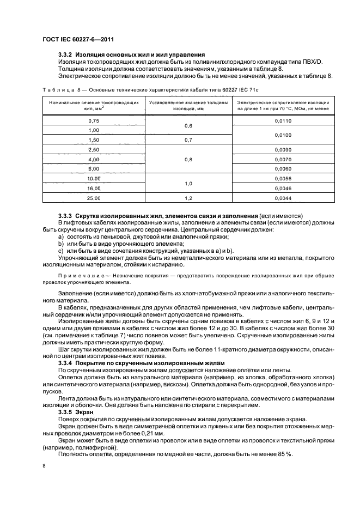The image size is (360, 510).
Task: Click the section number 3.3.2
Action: (66, 55)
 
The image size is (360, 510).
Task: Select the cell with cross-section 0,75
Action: (94, 121)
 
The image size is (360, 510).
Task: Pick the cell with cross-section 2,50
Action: (94, 149)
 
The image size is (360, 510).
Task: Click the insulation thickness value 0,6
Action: (188, 126)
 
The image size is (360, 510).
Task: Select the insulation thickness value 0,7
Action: (188, 140)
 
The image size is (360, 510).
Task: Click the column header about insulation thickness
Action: (188, 105)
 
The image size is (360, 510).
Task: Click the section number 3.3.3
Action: (66, 216)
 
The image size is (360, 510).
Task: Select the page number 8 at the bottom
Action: (44, 466)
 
